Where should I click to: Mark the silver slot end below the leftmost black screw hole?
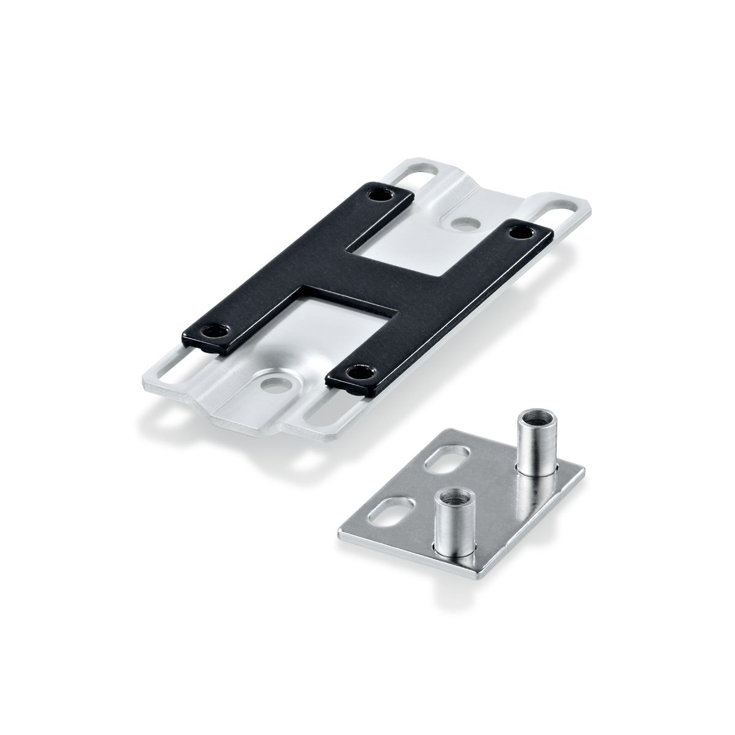pos(164,379)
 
